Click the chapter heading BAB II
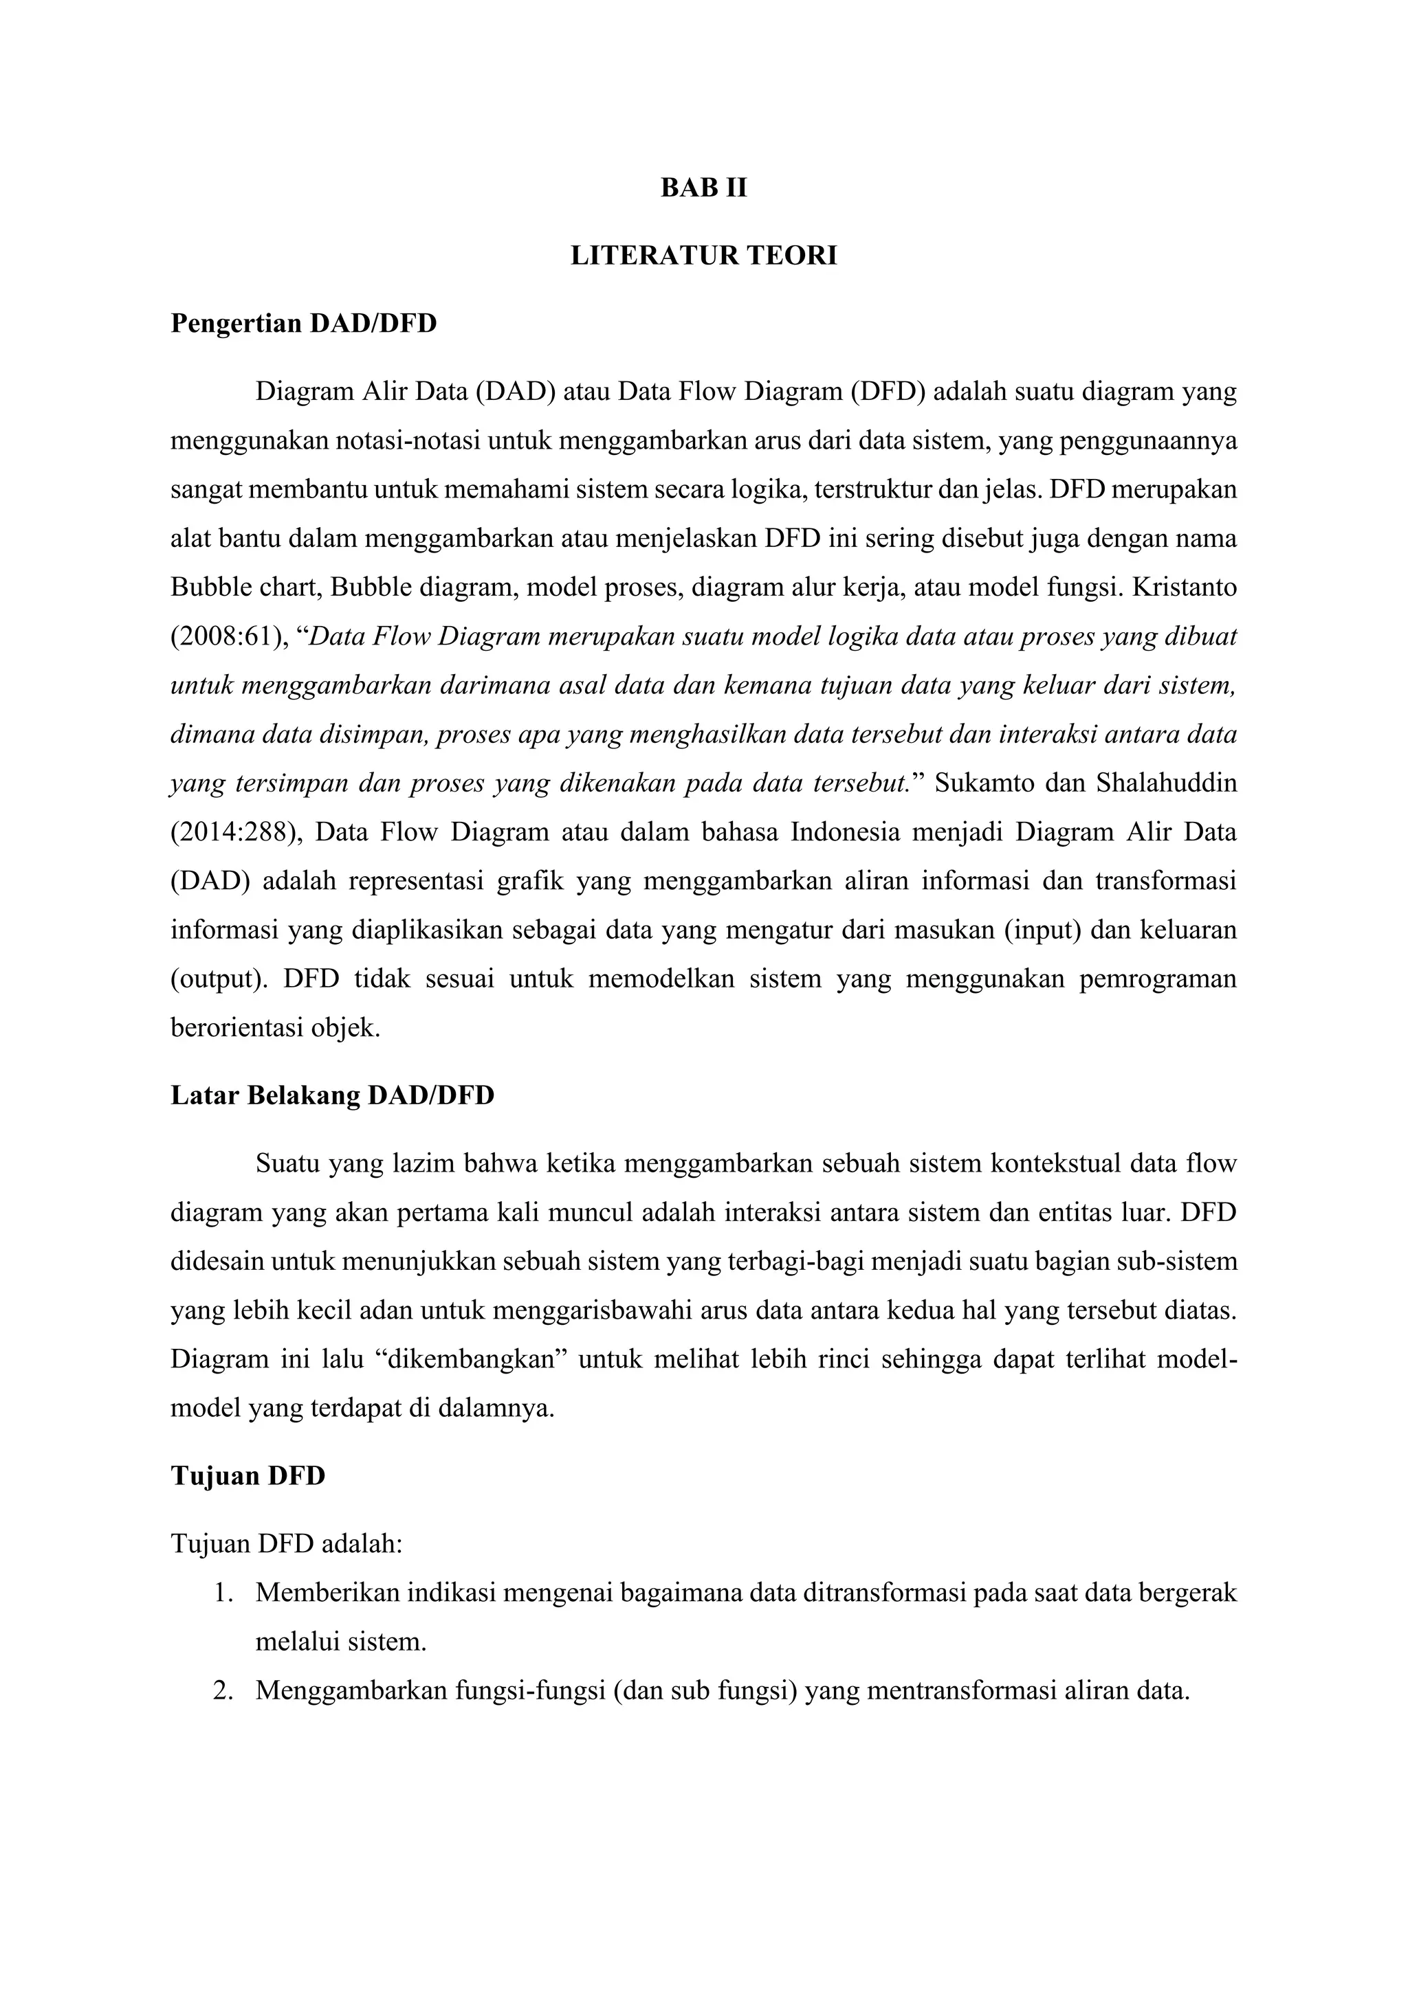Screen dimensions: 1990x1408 [703, 188]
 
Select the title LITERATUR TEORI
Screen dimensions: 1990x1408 [703, 256]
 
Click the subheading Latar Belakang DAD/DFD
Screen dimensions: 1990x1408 [332, 1095]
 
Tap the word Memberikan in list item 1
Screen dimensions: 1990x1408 [326, 1593]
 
